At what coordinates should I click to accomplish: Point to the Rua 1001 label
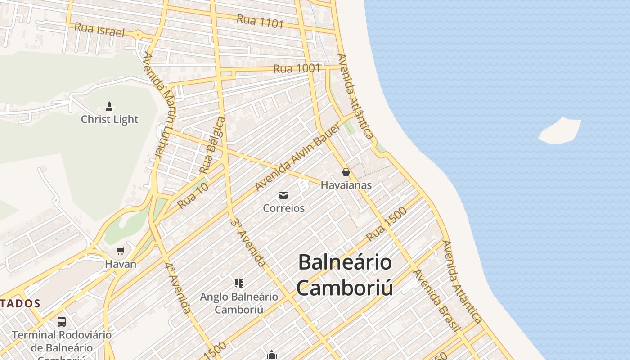[x=297, y=68]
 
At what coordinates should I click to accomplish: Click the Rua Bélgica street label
[x=212, y=145]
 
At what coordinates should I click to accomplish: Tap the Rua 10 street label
[x=193, y=196]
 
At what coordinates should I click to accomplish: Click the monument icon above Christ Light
[x=109, y=107]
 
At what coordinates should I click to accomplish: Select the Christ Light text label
[x=109, y=119]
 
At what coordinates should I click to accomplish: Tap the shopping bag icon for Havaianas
[x=346, y=172]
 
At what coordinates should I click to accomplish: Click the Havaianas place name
[x=346, y=185]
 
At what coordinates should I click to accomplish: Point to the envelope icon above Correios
[x=283, y=195]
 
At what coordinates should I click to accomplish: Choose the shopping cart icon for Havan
[x=120, y=251]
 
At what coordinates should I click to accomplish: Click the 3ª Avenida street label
[x=247, y=242]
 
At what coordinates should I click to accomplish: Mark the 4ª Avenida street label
[x=178, y=288]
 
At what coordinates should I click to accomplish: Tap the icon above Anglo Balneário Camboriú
[x=239, y=283]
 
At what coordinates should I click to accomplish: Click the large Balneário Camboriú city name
[x=345, y=274]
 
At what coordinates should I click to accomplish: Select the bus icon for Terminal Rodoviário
[x=62, y=322]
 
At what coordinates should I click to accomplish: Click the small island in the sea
[x=560, y=131]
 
